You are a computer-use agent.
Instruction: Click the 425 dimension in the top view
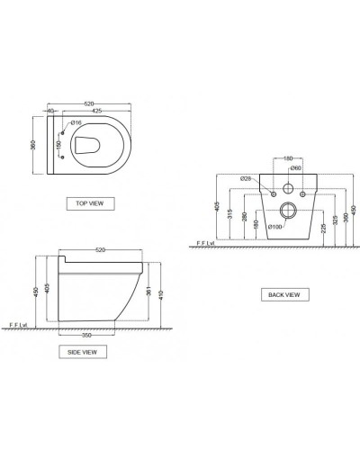pyautogui.click(x=94, y=112)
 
